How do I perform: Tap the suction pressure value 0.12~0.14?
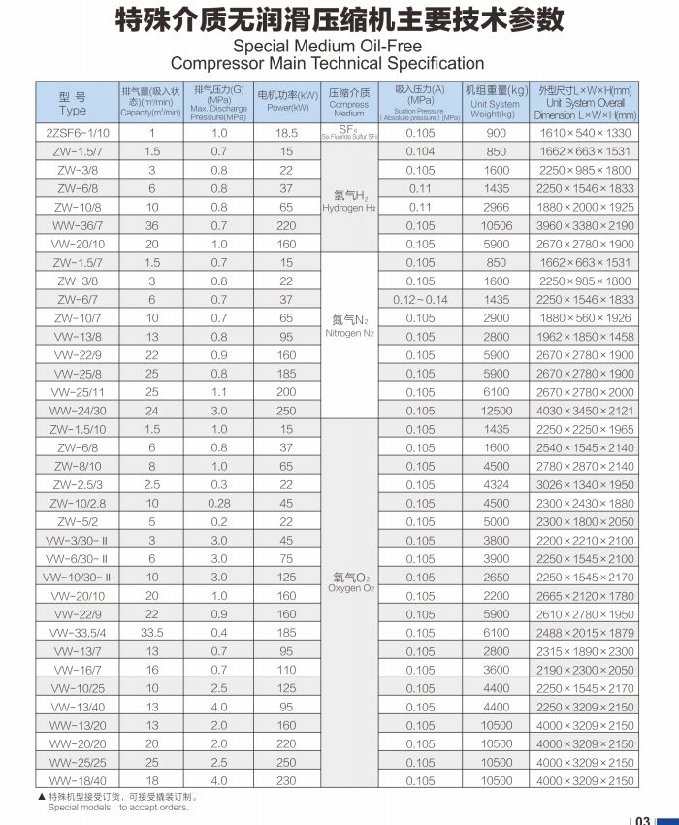click(x=420, y=300)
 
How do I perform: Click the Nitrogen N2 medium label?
click(x=349, y=326)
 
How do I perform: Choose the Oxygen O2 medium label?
click(x=349, y=583)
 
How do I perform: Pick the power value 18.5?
click(x=286, y=133)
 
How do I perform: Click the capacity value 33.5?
click(x=152, y=633)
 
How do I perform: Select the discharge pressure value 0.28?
click(x=219, y=504)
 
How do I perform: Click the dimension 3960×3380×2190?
click(x=585, y=225)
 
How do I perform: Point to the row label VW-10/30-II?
click(x=78, y=577)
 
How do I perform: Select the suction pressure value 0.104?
click(x=420, y=151)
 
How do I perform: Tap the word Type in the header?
click(x=73, y=111)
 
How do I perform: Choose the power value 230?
click(x=286, y=780)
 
